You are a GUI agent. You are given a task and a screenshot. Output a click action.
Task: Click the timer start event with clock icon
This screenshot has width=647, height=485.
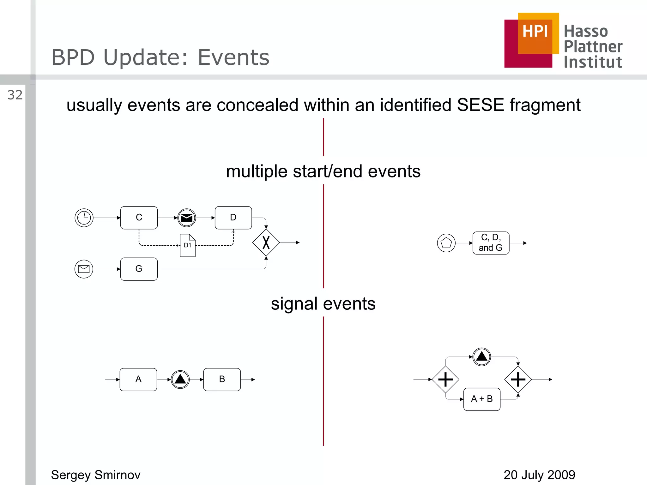[84, 218]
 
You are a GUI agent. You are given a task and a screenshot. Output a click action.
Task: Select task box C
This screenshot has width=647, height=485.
[139, 218]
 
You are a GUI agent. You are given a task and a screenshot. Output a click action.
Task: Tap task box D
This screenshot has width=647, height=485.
[233, 218]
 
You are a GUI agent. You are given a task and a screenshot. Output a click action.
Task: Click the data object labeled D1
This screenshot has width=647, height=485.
[188, 245]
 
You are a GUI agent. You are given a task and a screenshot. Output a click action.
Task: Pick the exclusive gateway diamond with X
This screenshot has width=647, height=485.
[266, 242]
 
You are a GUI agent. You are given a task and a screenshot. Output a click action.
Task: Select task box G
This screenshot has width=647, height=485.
[139, 269]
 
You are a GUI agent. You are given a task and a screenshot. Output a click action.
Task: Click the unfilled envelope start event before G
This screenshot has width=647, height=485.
[84, 269]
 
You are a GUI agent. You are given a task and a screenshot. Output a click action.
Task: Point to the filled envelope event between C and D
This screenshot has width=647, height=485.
[187, 218]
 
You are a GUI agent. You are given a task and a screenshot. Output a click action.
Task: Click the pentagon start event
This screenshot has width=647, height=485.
[446, 243]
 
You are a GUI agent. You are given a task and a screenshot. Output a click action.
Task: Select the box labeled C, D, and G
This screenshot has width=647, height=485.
[491, 243]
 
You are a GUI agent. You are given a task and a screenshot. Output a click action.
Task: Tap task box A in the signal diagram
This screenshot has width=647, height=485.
[138, 379]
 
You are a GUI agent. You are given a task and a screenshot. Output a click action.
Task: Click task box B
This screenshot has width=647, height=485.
[222, 379]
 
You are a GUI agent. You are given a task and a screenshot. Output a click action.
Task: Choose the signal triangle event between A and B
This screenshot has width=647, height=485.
[180, 379]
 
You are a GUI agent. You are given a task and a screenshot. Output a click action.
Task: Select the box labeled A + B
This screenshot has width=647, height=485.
[482, 399]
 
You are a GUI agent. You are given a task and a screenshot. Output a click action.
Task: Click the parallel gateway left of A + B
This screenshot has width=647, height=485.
[445, 379]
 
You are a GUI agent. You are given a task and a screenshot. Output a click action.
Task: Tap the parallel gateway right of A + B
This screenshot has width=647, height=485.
[518, 379]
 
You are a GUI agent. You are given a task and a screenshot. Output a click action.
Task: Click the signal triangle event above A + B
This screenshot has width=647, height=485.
[481, 357]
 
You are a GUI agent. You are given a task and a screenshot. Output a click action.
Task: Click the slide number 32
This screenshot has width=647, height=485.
[15, 95]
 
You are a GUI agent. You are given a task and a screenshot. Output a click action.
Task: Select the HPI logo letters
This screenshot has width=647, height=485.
[535, 31]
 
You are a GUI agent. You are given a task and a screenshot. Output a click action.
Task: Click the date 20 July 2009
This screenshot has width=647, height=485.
[539, 475]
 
